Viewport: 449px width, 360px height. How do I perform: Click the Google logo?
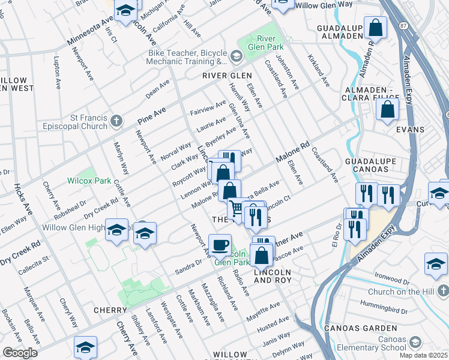(20, 353)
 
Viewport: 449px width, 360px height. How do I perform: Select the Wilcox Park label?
(89, 180)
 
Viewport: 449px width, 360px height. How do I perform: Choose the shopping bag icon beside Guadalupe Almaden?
(375, 27)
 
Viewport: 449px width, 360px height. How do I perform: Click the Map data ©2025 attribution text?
(423, 355)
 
